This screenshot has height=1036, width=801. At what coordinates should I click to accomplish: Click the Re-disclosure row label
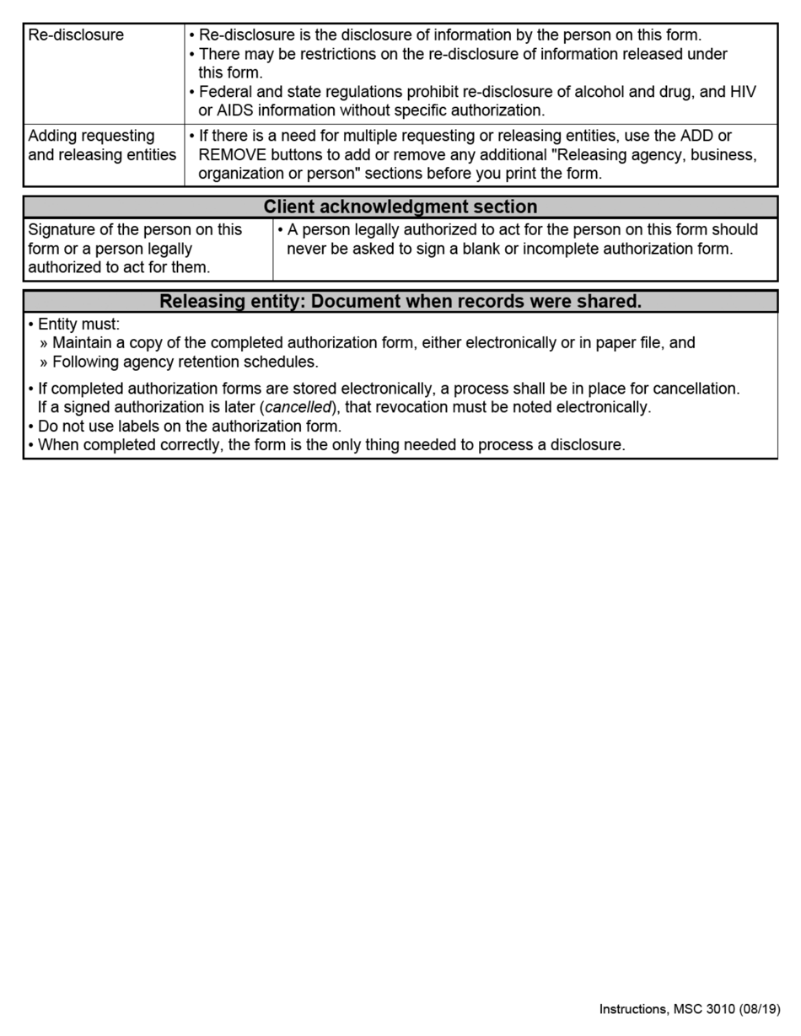pyautogui.click(x=76, y=35)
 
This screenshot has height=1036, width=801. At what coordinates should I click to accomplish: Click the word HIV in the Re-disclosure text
pyautogui.click(x=743, y=92)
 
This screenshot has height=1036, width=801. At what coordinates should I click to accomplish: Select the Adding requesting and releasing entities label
pyautogui.click(x=102, y=145)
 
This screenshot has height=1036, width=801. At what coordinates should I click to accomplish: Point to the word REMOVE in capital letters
pyautogui.click(x=232, y=155)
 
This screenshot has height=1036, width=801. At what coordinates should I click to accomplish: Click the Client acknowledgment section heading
pyautogui.click(x=400, y=207)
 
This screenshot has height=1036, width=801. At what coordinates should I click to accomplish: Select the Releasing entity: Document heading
pyautogui.click(x=400, y=301)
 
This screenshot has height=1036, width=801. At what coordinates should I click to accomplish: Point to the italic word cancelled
pyautogui.click(x=298, y=408)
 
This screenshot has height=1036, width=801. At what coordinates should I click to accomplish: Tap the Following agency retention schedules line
pyautogui.click(x=185, y=362)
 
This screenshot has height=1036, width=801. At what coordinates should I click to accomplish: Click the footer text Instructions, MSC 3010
pyautogui.click(x=667, y=1009)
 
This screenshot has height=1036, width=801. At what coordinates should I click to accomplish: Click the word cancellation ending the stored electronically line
pyautogui.click(x=696, y=389)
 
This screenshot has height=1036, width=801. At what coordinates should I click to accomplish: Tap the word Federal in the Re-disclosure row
pyautogui.click(x=224, y=92)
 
